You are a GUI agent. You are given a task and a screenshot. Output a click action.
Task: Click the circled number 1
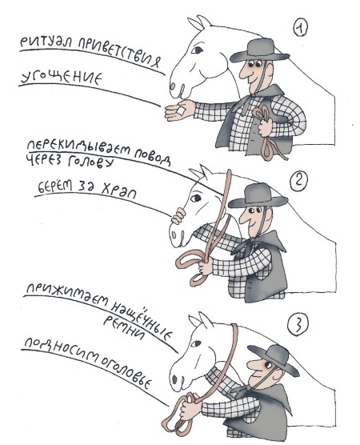(x=299, y=28)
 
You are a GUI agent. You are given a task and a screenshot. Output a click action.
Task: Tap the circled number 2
(x=298, y=182)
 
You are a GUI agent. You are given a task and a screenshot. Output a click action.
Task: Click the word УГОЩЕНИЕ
(x=62, y=78)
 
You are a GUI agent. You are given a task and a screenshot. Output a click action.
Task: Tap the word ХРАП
(x=118, y=190)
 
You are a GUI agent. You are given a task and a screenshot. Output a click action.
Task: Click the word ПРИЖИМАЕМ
(x=66, y=295)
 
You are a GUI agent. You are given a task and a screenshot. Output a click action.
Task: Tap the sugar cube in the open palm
(x=182, y=110)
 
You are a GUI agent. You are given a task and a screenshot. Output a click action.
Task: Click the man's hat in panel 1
(x=259, y=50)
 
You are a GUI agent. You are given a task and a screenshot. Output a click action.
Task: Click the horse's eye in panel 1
(x=197, y=50)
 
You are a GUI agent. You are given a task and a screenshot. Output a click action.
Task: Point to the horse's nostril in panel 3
(x=174, y=379)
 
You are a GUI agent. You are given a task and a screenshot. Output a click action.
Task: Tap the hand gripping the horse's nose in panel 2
(x=178, y=215)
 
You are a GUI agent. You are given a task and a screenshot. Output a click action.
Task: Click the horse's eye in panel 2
(x=196, y=198)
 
